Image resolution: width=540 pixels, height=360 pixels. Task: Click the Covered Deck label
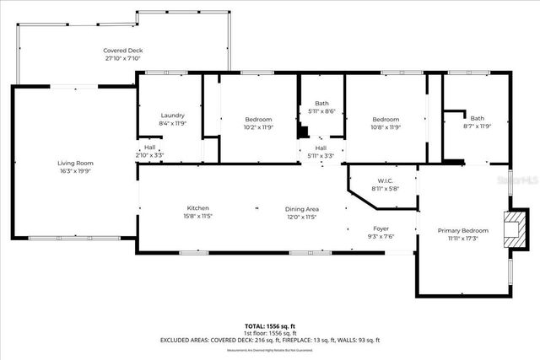tap(122, 51)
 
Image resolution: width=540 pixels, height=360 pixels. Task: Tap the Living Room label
tap(75, 163)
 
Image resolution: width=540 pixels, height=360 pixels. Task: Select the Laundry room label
tap(172, 116)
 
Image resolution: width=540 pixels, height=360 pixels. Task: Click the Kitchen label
tap(197, 208)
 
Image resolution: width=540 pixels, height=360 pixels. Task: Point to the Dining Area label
tap(301, 208)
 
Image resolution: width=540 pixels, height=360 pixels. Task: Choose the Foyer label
tap(381, 228)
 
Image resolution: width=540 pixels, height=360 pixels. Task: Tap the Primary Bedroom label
tap(462, 230)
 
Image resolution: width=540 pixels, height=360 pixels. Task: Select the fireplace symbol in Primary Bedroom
tap(510, 228)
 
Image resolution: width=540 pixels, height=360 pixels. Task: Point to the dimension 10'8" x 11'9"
tap(386, 127)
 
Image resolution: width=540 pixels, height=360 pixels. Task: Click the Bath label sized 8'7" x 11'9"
tap(478, 119)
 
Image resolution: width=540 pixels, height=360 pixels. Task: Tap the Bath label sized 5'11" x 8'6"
tap(321, 103)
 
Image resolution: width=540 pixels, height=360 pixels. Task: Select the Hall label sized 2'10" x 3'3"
tap(148, 148)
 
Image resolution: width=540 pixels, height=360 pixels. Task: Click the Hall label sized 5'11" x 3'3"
tap(321, 148)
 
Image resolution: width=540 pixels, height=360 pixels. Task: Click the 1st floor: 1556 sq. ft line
tap(270, 332)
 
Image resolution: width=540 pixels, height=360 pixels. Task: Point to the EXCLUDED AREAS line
tap(270, 340)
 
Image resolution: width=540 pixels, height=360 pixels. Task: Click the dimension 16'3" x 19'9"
tap(75, 170)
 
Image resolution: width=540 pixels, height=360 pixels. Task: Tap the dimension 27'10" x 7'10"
tap(122, 58)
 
